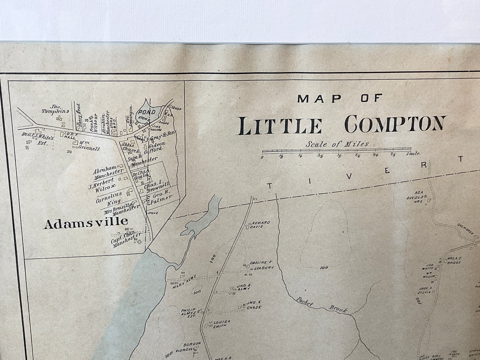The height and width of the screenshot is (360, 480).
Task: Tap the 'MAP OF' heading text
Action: coord(340,98)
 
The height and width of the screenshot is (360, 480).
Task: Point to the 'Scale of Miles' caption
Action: coord(337,144)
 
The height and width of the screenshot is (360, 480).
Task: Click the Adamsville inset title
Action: coord(86,223)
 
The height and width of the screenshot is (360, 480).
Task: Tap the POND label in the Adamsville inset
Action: coord(146,112)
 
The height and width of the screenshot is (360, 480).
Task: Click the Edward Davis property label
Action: coord(260,224)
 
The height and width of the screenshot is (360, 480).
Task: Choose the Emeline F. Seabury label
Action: coord(262,265)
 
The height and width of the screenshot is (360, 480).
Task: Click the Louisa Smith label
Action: coord(220,324)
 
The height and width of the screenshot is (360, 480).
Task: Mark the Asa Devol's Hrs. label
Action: coord(421,195)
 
